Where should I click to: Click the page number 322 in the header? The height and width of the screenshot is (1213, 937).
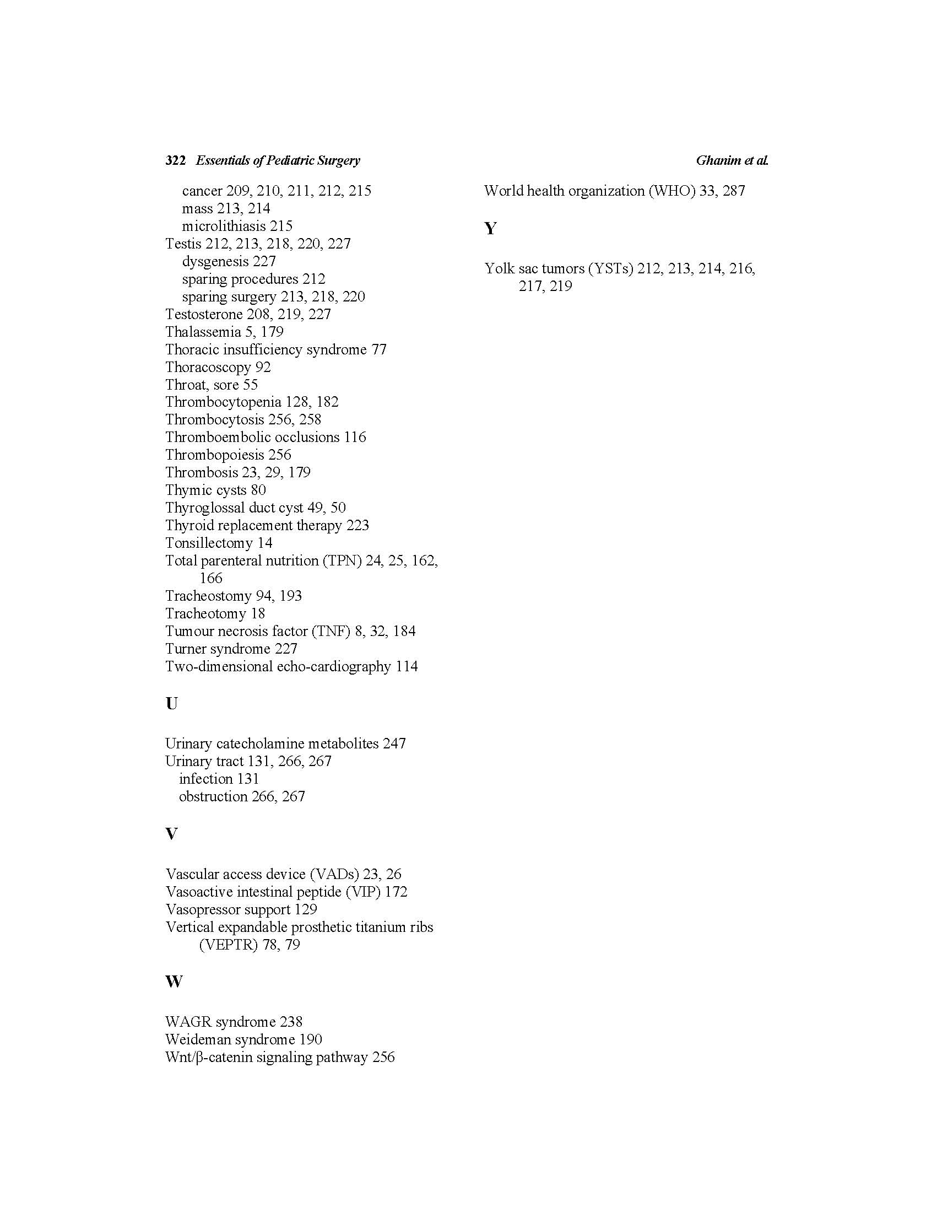click(x=175, y=160)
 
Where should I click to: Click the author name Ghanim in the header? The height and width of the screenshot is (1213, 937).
click(x=718, y=160)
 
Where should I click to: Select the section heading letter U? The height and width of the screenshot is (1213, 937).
click(x=171, y=704)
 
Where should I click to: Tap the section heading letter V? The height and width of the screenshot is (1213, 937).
click(x=171, y=834)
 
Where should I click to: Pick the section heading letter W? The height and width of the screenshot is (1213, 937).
click(x=174, y=982)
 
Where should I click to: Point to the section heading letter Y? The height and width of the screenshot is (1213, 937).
click(x=490, y=228)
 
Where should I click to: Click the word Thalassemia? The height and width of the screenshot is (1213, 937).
click(x=203, y=332)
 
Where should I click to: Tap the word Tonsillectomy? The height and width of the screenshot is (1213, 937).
click(x=209, y=543)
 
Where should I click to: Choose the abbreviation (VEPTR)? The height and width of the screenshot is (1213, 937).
click(x=228, y=945)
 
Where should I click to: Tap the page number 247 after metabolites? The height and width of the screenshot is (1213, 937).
click(x=394, y=743)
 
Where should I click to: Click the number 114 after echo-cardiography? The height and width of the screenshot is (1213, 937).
click(x=407, y=666)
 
